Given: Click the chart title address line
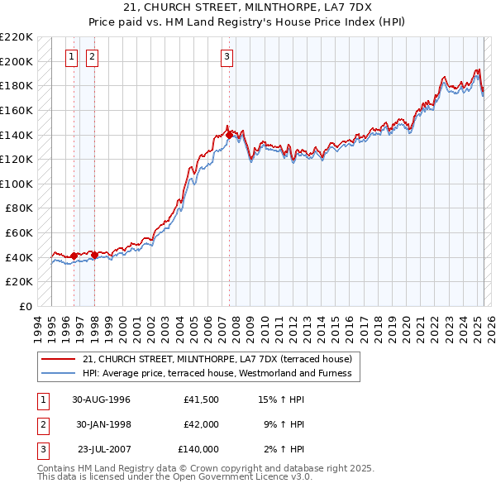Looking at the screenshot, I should coord(248,7).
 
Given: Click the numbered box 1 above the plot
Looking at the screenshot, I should coord(71,57).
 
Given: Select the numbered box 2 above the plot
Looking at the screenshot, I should coord(91,57).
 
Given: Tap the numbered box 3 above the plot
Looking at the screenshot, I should coord(227,57).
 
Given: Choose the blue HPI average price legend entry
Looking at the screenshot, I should coord(217,373).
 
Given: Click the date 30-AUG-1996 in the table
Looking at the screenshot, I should coord(101,399).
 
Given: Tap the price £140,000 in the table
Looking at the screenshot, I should coord(198,449).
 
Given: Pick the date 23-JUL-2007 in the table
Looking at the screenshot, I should coord(104,449).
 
